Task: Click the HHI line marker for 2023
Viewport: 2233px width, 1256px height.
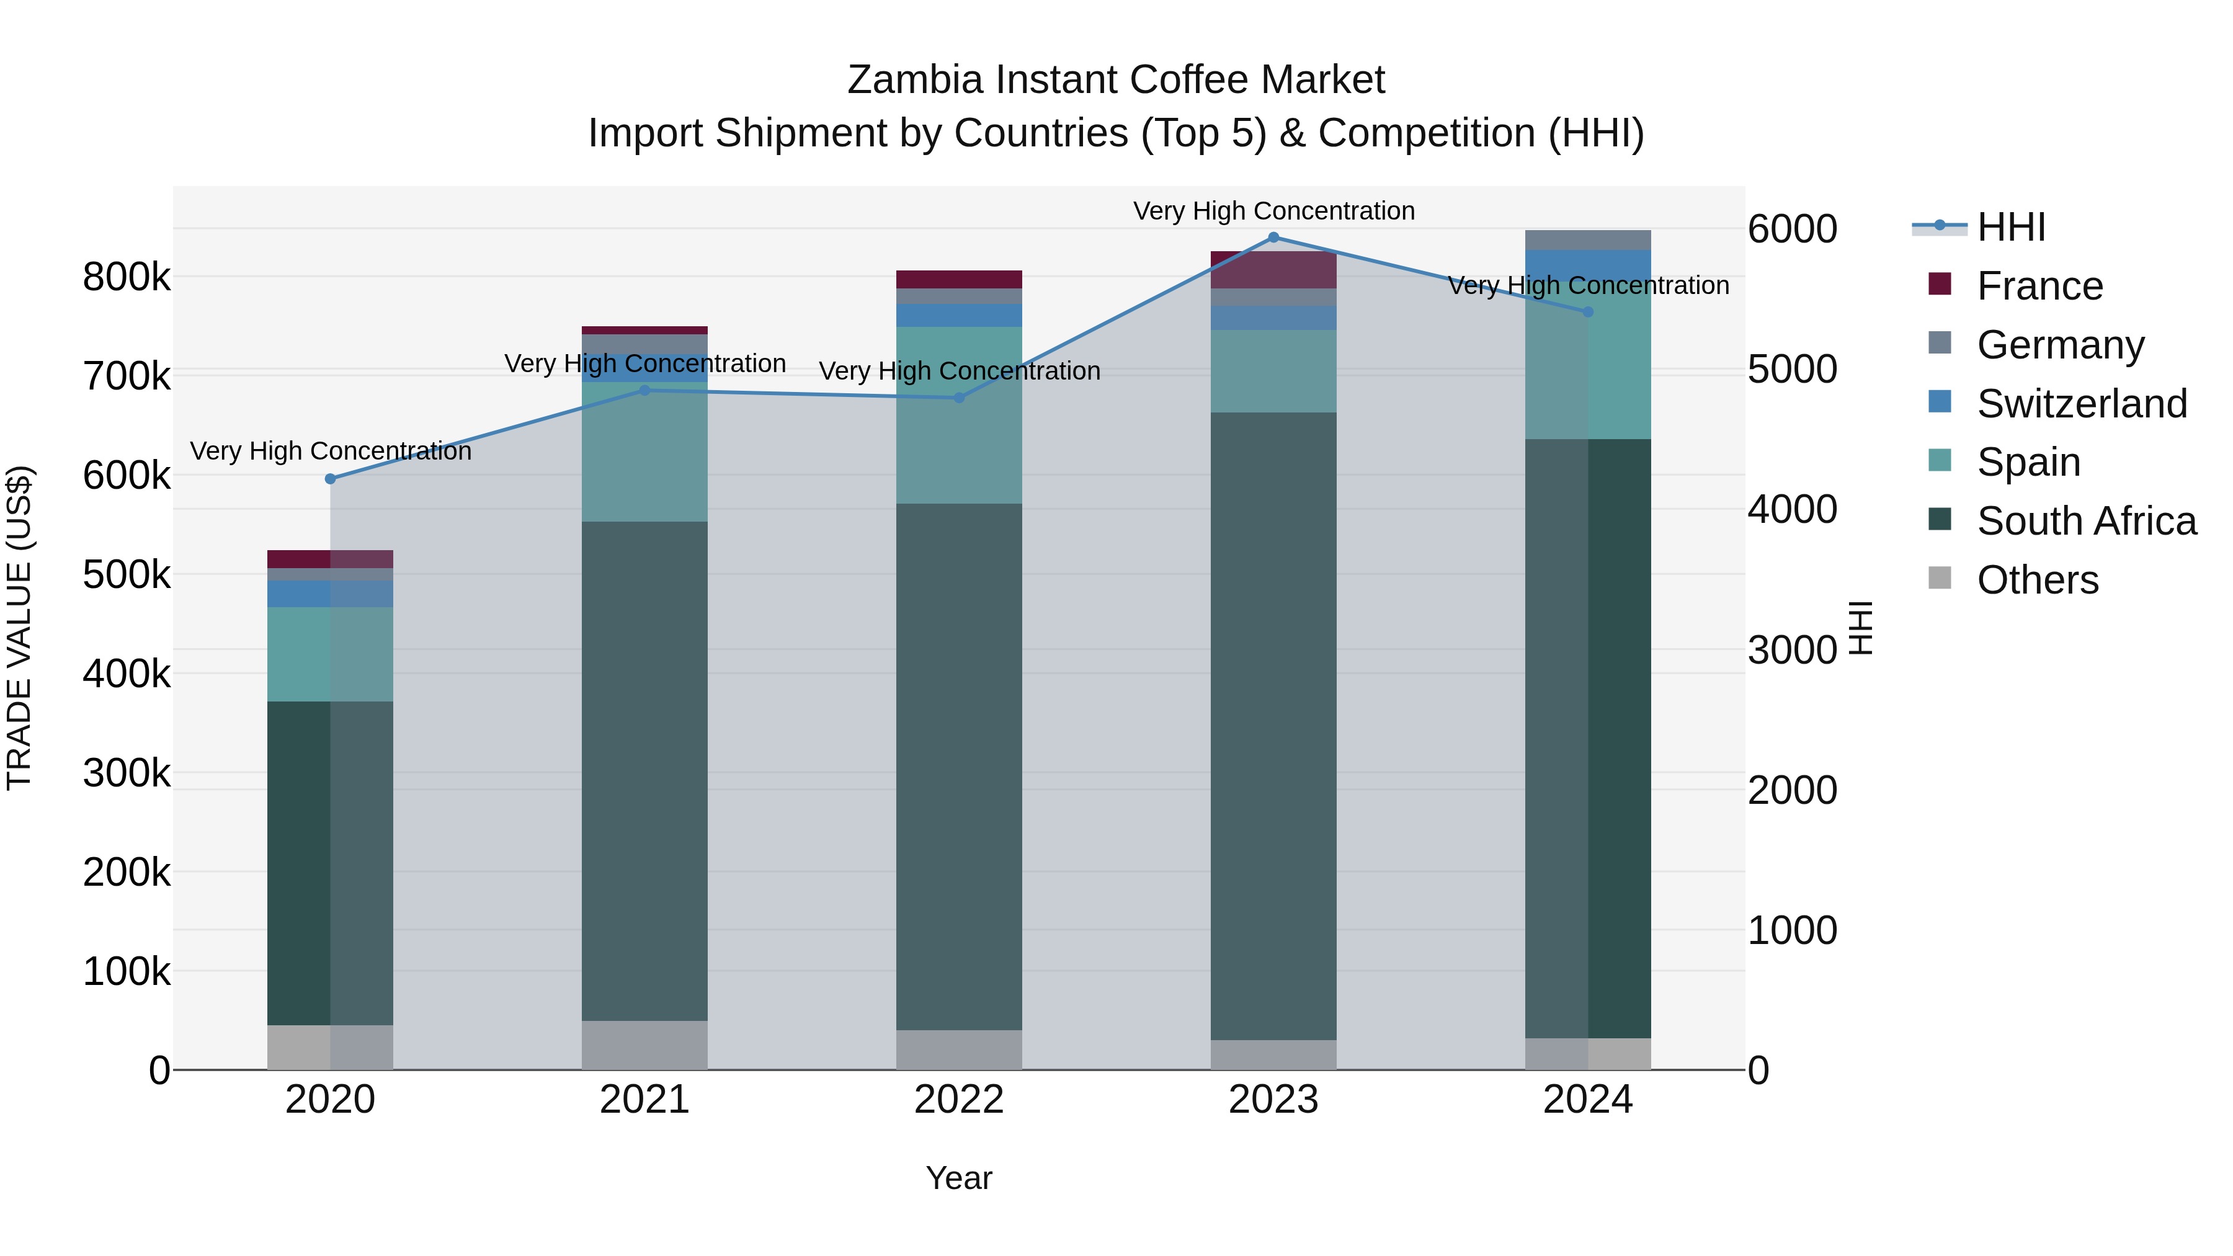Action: click(x=1273, y=237)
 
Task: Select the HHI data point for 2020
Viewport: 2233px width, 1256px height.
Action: click(x=330, y=478)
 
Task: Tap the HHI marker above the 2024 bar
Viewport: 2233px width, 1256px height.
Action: click(x=1588, y=312)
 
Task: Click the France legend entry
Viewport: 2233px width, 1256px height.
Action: click(x=2039, y=286)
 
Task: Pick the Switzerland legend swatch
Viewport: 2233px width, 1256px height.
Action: click(x=1940, y=402)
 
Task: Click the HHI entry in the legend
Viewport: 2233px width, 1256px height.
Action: click(x=2011, y=227)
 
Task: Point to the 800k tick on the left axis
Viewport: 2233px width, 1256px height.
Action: click(x=127, y=277)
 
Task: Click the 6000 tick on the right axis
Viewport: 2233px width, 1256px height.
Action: click(x=1791, y=229)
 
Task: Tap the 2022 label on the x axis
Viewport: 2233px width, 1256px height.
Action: click(x=959, y=1100)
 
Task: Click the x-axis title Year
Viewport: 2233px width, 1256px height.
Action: click(x=959, y=1178)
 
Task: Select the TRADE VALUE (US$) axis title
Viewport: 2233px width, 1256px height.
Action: click(x=19, y=628)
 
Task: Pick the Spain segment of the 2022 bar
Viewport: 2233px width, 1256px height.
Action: click(x=959, y=414)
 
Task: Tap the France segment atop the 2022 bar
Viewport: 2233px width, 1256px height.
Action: click(x=959, y=279)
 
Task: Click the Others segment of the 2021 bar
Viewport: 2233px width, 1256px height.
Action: click(x=644, y=1044)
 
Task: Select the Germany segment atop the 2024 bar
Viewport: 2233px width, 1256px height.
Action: click(x=1588, y=240)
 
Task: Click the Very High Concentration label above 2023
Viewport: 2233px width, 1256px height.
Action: click(x=1273, y=211)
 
